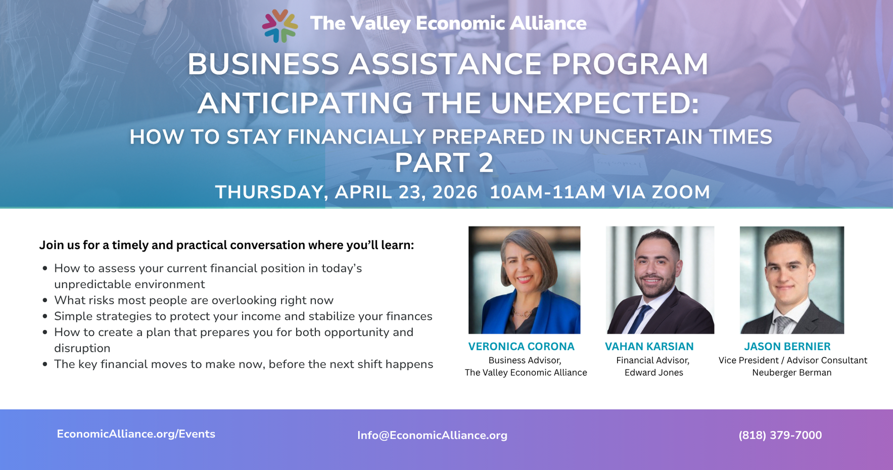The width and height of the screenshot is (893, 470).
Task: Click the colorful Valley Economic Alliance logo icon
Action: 279,25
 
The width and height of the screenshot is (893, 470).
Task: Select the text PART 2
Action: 444,163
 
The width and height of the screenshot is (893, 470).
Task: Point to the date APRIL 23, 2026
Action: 406,193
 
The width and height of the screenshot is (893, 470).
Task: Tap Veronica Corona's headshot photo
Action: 524,279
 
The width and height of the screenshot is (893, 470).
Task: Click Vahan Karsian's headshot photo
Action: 660,279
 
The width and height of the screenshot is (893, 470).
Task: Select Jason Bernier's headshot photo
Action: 791,279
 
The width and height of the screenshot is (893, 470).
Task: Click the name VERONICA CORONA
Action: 521,347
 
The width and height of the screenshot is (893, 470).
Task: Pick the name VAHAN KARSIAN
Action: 649,347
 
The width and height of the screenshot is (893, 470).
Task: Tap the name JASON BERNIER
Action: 787,347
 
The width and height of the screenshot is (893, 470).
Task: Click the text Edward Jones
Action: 653,373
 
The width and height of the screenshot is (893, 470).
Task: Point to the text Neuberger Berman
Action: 791,373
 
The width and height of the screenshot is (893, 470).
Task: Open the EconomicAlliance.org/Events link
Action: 136,434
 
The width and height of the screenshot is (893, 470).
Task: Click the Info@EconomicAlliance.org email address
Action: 432,435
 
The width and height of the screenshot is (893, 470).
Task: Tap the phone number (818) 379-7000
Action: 780,435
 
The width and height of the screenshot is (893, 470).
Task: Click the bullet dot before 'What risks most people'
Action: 45,301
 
